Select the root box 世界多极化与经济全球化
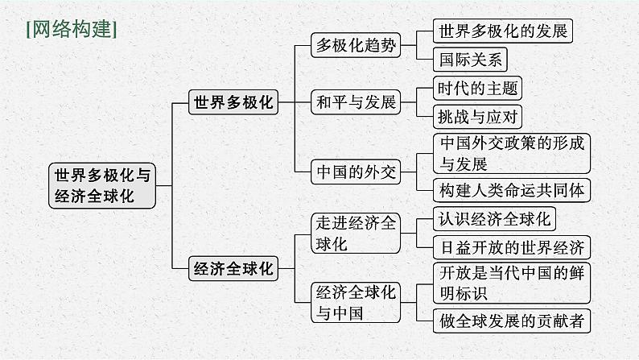click(x=101, y=185)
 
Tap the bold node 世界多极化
click(x=233, y=102)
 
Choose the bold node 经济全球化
click(x=233, y=269)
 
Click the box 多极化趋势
click(x=356, y=45)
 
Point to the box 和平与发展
click(x=356, y=102)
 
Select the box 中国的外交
click(x=356, y=172)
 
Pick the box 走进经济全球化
click(x=356, y=234)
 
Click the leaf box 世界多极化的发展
click(x=503, y=31)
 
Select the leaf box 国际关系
click(x=470, y=59)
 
